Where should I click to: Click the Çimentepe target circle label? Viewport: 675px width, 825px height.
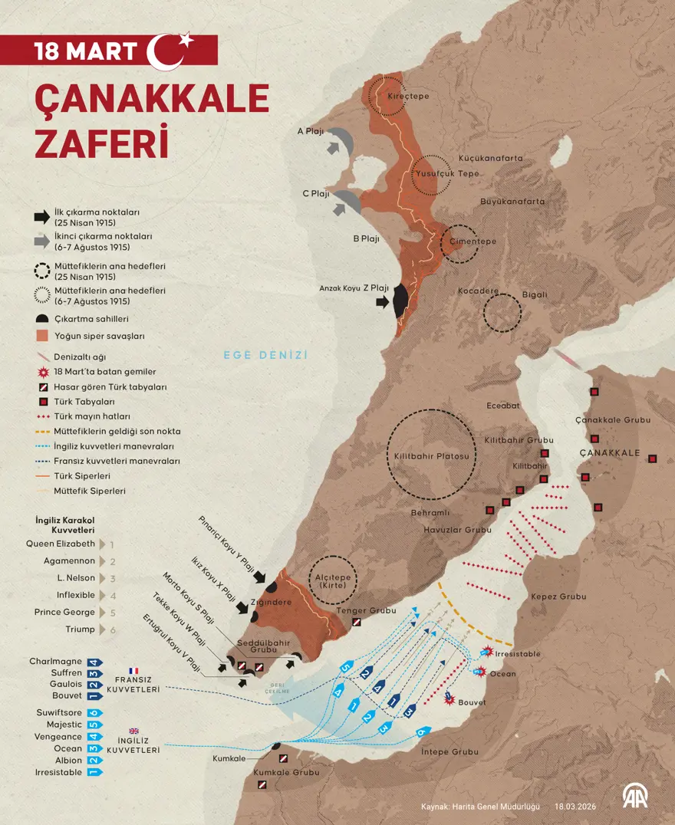468,242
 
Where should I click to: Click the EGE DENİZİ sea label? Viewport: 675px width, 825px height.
265,355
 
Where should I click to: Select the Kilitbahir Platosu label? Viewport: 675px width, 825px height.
431,455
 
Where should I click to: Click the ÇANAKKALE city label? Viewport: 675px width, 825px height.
610,453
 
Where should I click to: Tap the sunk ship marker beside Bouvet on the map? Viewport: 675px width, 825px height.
450,698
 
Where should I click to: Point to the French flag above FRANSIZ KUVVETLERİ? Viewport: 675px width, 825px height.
134,671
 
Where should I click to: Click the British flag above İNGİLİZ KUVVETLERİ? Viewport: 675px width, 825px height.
134,731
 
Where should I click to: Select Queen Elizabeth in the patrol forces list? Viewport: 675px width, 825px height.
61,544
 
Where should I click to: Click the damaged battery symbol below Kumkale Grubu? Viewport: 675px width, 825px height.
262,785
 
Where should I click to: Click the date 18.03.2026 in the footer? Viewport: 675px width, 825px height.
576,807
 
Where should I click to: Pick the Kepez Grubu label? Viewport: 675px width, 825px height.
558,597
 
